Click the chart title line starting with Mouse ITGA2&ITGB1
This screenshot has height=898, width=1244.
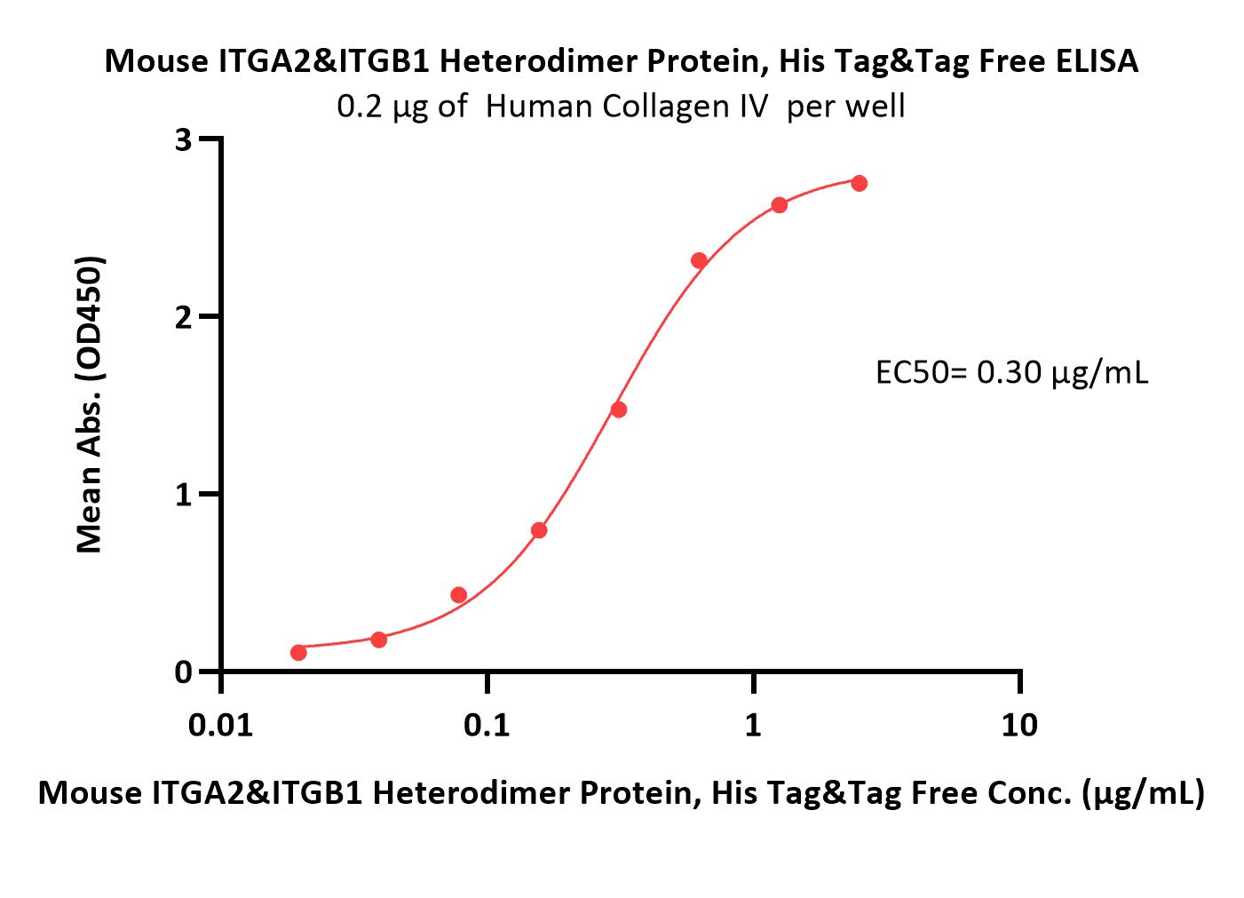[x=622, y=61]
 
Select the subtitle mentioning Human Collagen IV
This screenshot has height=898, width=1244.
[x=621, y=107]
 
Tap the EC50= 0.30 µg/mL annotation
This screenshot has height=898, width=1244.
[x=1012, y=373]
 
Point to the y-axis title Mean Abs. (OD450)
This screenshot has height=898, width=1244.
[x=90, y=405]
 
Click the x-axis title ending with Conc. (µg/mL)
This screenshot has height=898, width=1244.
[x=622, y=793]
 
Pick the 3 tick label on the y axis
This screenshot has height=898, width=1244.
[x=183, y=140]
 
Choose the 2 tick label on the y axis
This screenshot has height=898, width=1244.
[x=183, y=317]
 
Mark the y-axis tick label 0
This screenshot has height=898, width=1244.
[x=183, y=672]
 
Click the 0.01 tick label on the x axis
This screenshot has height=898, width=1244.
[x=220, y=725]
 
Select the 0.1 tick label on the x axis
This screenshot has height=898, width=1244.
[x=487, y=725]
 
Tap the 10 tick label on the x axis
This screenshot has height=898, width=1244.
[x=1019, y=725]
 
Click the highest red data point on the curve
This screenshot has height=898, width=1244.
[x=860, y=183]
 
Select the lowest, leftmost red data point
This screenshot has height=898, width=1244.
[x=298, y=652]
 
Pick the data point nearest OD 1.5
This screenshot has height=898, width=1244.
[x=619, y=410]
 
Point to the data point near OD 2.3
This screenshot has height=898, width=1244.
[x=699, y=260]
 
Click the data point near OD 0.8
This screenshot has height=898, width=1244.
[x=539, y=530]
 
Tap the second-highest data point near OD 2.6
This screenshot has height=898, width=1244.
[x=780, y=205]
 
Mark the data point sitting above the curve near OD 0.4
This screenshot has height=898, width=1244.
[x=459, y=595]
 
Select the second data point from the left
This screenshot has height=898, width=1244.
[x=379, y=640]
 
